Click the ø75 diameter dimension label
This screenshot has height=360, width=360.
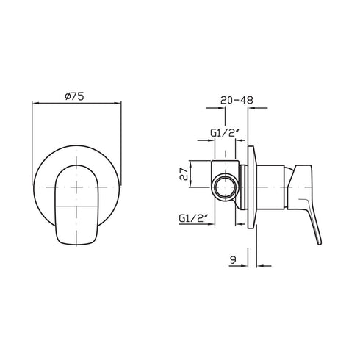[76, 96]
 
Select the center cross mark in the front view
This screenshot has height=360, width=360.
[76, 185]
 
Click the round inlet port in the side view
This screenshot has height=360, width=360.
[225, 187]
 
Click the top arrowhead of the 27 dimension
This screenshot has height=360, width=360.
[192, 161]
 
